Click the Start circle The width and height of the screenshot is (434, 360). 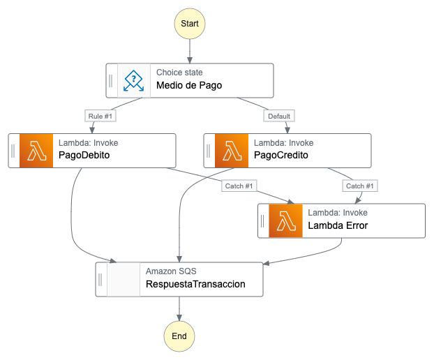pyautogui.click(x=189, y=24)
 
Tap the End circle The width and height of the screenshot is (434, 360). pyautogui.click(x=179, y=336)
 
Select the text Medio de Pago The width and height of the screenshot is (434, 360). pyautogui.click(x=189, y=87)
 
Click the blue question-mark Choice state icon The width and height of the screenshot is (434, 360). pyautogui.click(x=134, y=80)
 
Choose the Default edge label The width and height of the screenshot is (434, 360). pyautogui.click(x=279, y=116)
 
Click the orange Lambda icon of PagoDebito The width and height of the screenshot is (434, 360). pyautogui.click(x=36, y=151)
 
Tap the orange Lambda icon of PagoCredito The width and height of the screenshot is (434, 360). pyautogui.click(x=232, y=151)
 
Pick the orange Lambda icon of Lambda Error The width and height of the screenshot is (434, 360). pyautogui.click(x=285, y=221)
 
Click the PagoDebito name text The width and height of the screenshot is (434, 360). pyautogui.click(x=84, y=156)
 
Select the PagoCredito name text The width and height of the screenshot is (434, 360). pyautogui.click(x=281, y=156)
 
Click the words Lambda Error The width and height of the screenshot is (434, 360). pyautogui.click(x=338, y=225)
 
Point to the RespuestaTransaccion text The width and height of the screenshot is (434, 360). pyautogui.click(x=195, y=284)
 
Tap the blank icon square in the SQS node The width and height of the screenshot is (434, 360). pyautogui.click(x=123, y=279)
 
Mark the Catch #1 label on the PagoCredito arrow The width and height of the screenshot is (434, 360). pyautogui.click(x=360, y=186)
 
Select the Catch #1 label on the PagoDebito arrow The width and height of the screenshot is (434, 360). pyautogui.click(x=239, y=186)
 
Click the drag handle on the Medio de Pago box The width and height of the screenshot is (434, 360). pyautogui.click(x=111, y=80)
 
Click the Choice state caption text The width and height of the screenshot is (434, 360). pyautogui.click(x=179, y=73)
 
